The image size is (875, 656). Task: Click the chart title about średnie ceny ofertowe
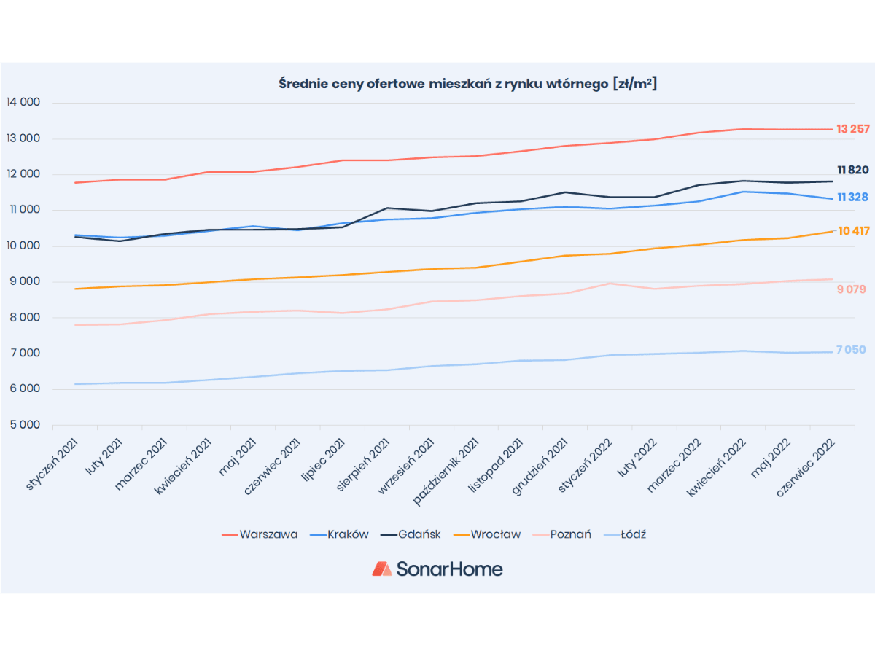click(x=467, y=84)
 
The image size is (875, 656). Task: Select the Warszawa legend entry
click(x=260, y=534)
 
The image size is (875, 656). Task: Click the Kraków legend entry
click(x=339, y=534)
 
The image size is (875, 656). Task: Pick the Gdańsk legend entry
click(x=411, y=534)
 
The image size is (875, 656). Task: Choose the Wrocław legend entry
click(x=487, y=534)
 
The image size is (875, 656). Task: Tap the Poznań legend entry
click(x=562, y=534)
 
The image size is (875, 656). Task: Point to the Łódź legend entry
click(x=625, y=534)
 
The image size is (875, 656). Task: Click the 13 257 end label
click(x=852, y=129)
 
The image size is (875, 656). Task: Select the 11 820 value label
click(x=852, y=170)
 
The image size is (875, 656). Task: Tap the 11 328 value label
click(x=852, y=197)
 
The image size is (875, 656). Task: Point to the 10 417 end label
click(x=853, y=231)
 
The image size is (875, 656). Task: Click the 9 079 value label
click(x=851, y=289)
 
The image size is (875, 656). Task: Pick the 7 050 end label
click(x=851, y=350)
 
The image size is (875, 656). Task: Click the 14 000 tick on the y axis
click(x=23, y=102)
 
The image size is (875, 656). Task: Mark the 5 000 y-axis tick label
click(x=25, y=425)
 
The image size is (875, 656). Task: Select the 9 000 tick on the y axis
click(x=25, y=281)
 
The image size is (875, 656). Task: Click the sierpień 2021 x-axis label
click(x=362, y=464)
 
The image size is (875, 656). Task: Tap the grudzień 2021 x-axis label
click(x=540, y=466)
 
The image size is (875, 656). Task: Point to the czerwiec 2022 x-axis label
click(x=805, y=467)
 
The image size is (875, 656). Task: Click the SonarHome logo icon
click(x=382, y=569)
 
